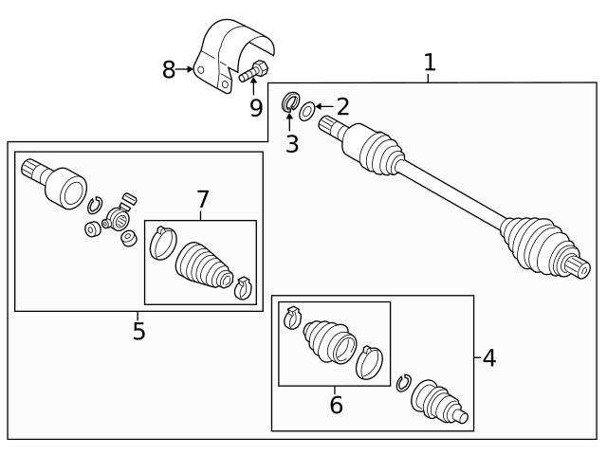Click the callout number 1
(x=429, y=63)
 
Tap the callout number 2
(x=341, y=106)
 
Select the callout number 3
(x=291, y=143)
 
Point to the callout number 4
(x=488, y=358)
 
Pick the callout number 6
(x=336, y=406)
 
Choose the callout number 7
(x=202, y=199)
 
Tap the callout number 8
(x=169, y=69)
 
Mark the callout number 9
(x=256, y=107)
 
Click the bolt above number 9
(x=253, y=71)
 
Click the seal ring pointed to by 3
(x=291, y=102)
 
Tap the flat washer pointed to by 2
(x=306, y=112)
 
